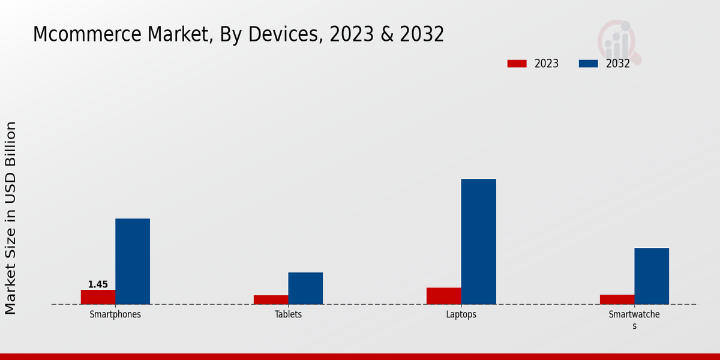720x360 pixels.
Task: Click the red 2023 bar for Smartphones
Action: tap(98, 297)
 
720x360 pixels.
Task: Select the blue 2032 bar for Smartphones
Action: tap(133, 261)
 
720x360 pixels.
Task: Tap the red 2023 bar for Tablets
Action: tap(271, 299)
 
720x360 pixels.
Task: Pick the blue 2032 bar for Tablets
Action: tap(305, 288)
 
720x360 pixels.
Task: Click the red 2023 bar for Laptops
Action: tap(444, 296)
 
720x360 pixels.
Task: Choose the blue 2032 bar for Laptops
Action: tap(479, 241)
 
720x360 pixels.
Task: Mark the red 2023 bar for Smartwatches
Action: tap(617, 299)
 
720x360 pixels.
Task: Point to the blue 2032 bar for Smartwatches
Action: tap(652, 276)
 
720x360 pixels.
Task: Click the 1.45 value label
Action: tap(98, 284)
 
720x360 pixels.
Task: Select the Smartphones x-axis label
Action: tap(115, 314)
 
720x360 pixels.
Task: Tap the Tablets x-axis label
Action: tap(288, 314)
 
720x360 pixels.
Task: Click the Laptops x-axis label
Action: tap(461, 314)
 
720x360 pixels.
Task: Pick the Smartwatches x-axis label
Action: tap(634, 320)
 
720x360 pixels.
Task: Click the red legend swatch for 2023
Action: tap(517, 64)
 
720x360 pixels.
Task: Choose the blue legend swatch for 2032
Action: tap(588, 64)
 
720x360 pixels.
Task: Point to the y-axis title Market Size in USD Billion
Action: tap(11, 218)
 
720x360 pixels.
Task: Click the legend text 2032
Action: tap(618, 64)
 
